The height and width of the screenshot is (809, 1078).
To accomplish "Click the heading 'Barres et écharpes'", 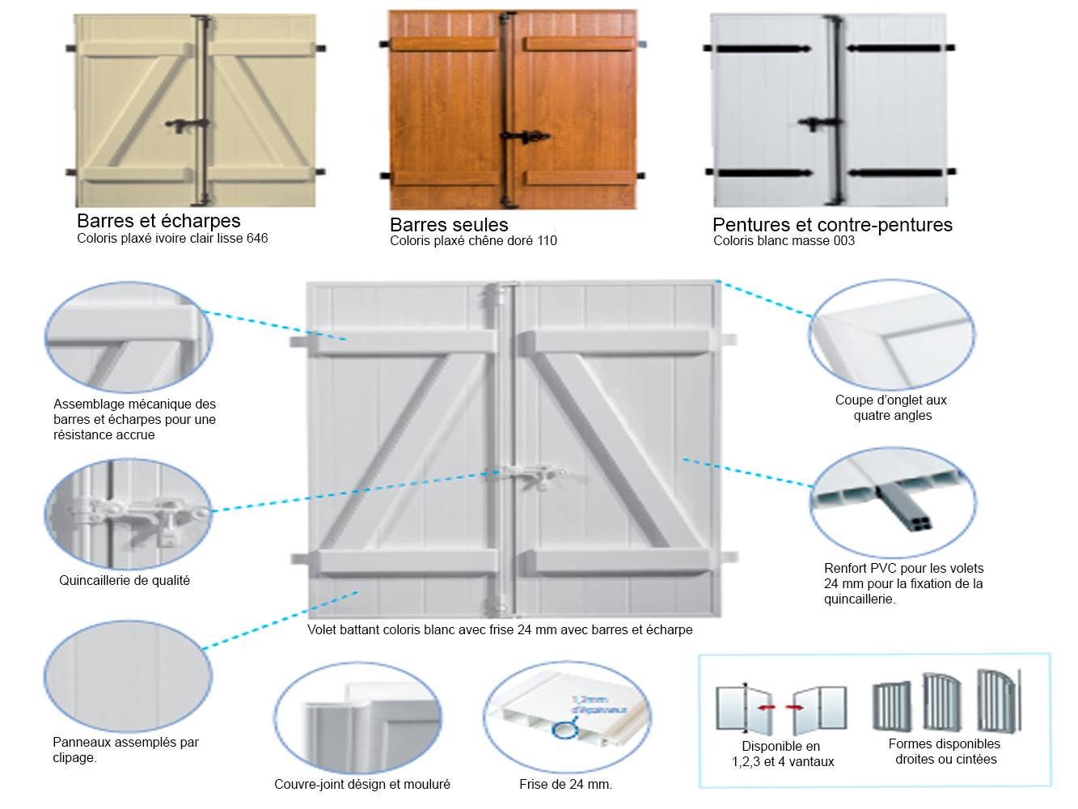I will [x=159, y=221].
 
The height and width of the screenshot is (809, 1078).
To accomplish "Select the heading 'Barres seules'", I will [x=449, y=225].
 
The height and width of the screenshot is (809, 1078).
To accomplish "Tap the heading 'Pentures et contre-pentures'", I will [x=832, y=225].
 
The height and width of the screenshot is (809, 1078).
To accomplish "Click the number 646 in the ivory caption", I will [x=257, y=239].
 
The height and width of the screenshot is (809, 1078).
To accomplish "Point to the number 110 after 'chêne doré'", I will [x=547, y=241].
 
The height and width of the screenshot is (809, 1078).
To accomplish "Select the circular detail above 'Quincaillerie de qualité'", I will [x=128, y=514].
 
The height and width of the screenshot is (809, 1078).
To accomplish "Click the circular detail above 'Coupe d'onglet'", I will [x=891, y=335].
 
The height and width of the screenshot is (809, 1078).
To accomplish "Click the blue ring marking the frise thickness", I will [x=564, y=730].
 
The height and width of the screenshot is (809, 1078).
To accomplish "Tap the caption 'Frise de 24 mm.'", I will [x=565, y=784].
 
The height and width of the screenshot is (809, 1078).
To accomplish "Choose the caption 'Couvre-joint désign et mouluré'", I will [x=362, y=784].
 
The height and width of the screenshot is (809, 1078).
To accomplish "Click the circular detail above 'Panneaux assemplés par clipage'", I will [x=128, y=676].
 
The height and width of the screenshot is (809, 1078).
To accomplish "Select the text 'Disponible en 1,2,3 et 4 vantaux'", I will [x=783, y=754].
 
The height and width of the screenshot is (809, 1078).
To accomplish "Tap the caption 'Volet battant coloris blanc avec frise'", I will [x=500, y=630].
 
